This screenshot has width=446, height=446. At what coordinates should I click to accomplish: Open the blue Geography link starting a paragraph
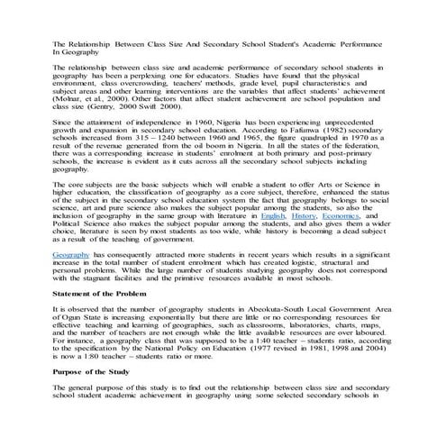(x=70, y=257)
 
